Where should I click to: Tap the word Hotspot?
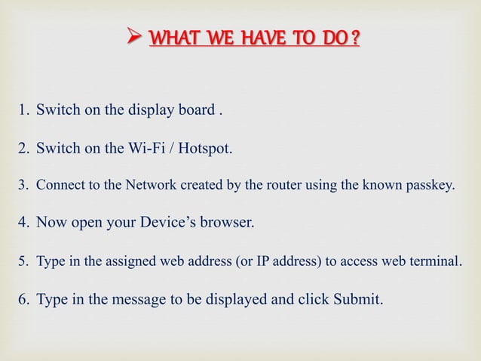(204, 147)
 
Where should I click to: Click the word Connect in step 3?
(58, 184)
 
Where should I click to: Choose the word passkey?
(432, 184)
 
